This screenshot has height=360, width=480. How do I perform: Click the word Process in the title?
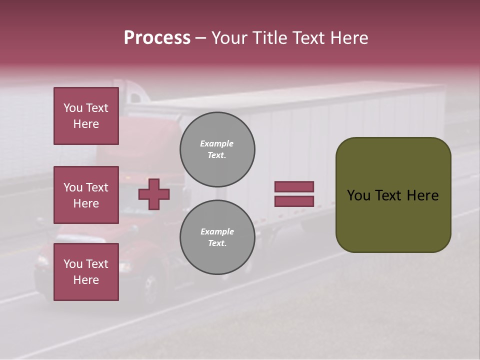point(157,38)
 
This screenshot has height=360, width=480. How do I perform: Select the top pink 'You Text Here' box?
point(86,116)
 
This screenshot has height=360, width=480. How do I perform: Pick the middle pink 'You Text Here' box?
point(86,195)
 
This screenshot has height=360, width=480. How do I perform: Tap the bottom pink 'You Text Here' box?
point(86,272)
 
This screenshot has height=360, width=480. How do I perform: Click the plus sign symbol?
point(154,194)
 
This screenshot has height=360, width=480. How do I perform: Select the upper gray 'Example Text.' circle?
point(217,149)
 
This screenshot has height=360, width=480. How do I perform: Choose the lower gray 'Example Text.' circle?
point(217,237)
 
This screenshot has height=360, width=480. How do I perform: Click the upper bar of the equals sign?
point(294,186)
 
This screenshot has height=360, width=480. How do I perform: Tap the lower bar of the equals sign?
point(294,201)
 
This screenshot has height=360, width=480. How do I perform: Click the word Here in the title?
point(348,38)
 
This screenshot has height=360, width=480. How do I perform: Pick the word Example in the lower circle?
point(217,231)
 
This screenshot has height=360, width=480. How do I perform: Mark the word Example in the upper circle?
point(217,143)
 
